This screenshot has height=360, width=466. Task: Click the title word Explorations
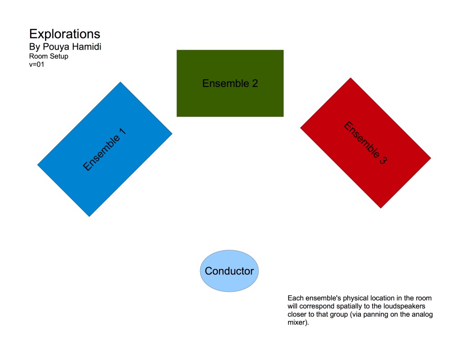[x=65, y=34]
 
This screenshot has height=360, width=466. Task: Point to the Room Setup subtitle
[x=49, y=56]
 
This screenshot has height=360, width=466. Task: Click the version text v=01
[x=36, y=64]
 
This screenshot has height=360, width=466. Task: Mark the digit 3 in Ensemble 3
[x=383, y=160]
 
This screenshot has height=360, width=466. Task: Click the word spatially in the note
[x=349, y=306]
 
